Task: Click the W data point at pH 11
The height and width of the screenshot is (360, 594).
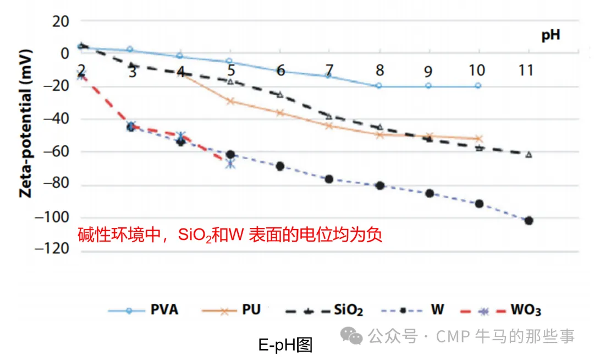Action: (529, 221)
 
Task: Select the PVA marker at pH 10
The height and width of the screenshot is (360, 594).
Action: (478, 86)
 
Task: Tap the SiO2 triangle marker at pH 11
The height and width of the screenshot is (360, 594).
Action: (529, 155)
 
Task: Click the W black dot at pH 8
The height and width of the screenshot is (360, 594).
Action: (379, 186)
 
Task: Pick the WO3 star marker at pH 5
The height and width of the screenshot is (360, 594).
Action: (230, 163)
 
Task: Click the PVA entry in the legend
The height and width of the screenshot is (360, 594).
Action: (164, 310)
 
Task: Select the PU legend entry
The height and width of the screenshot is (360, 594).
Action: (251, 310)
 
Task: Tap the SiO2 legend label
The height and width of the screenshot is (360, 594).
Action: (348, 310)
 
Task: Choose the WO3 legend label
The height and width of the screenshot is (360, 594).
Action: (525, 310)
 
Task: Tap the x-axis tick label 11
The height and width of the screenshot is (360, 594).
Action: (528, 70)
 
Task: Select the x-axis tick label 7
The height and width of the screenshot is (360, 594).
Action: (329, 70)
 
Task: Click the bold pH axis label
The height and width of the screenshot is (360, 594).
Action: (551, 36)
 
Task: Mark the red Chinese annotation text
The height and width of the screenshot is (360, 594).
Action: (229, 235)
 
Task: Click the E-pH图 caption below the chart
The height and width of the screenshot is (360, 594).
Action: (285, 345)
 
